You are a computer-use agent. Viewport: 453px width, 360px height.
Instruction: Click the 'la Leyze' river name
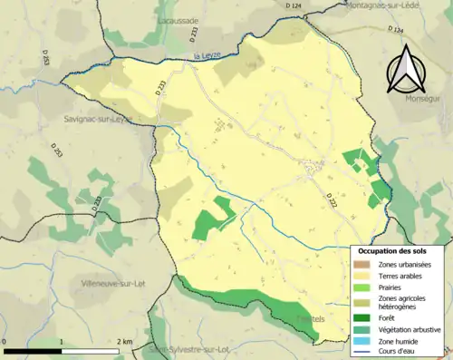pyautogui.click(x=207, y=57)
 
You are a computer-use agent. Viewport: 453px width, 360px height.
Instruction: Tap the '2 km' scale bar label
pyautogui.click(x=124, y=342)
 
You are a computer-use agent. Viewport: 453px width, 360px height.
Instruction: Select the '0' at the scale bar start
pyautogui.click(x=5, y=342)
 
